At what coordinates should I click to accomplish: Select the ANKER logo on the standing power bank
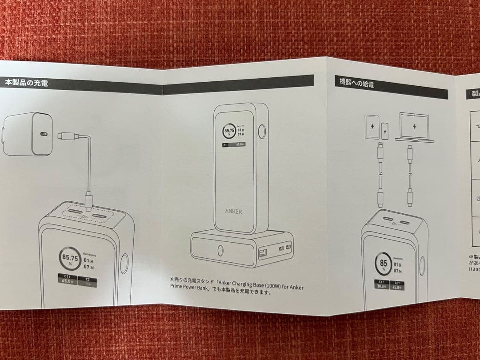233,211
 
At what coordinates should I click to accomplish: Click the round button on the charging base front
221,251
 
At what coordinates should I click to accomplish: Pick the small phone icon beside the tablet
385,130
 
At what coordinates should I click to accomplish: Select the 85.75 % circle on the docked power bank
229,132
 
